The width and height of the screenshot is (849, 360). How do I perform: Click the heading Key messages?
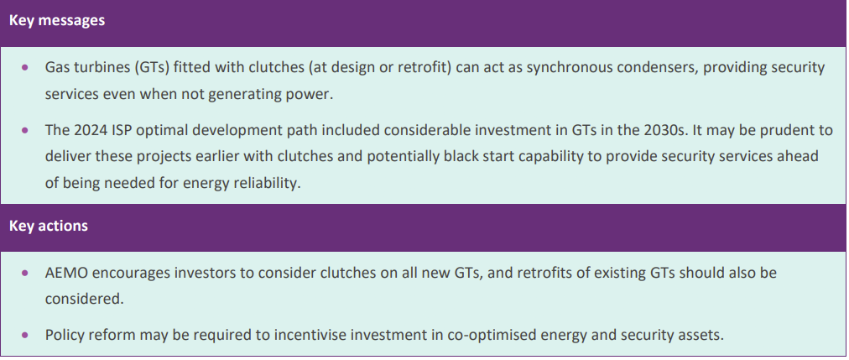[57, 21]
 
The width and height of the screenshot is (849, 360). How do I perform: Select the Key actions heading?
[48, 226]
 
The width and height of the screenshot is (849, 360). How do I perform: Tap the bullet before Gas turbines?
[24, 68]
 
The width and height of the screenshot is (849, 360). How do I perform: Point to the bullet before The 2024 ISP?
[24, 130]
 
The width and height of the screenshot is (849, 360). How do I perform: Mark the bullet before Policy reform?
[24, 335]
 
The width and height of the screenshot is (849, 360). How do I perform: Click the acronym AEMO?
[64, 273]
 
